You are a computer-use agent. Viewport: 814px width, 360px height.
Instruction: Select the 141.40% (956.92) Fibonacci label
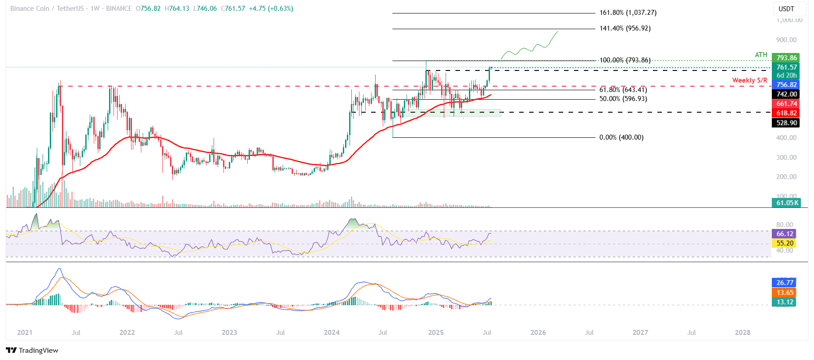pyautogui.click(x=625, y=28)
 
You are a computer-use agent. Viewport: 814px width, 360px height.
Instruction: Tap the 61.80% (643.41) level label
pyautogui.click(x=623, y=90)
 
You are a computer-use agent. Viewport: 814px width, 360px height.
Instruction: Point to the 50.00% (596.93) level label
pyautogui.click(x=623, y=99)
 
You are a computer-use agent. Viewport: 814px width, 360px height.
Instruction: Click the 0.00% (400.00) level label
pyautogui.click(x=621, y=137)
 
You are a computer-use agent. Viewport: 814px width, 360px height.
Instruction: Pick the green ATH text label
pyautogui.click(x=761, y=55)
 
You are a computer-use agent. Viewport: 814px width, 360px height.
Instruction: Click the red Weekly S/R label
pyautogui.click(x=749, y=80)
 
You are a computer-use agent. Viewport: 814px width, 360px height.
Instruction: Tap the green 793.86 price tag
pyautogui.click(x=787, y=58)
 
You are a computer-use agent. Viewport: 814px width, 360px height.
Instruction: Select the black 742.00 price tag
pyautogui.click(x=787, y=94)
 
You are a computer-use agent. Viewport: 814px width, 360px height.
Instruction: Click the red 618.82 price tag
pyautogui.click(x=787, y=113)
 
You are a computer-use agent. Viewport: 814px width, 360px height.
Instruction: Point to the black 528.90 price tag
pyautogui.click(x=787, y=123)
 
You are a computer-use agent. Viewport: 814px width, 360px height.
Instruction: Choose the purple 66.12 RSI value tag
pyautogui.click(x=785, y=234)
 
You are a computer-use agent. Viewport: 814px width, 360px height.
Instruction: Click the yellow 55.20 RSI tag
pyautogui.click(x=785, y=243)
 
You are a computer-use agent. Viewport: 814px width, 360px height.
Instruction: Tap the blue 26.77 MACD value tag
pyautogui.click(x=785, y=283)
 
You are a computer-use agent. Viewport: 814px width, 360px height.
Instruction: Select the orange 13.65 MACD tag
pyautogui.click(x=785, y=293)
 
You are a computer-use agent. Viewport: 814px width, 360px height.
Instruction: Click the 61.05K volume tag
pyautogui.click(x=787, y=203)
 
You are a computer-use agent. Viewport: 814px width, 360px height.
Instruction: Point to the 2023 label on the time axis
pyautogui.click(x=229, y=333)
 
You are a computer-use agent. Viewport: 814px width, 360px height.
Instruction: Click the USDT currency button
pyautogui.click(x=786, y=9)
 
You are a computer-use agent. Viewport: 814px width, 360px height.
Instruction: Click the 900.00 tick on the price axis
pyautogui.click(x=786, y=40)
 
